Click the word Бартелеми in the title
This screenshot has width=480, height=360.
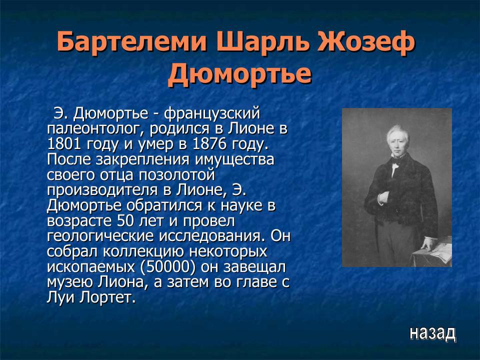click(x=132, y=42)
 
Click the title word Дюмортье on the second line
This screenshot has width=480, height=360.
click(x=239, y=74)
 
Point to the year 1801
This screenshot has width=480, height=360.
click(x=62, y=144)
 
